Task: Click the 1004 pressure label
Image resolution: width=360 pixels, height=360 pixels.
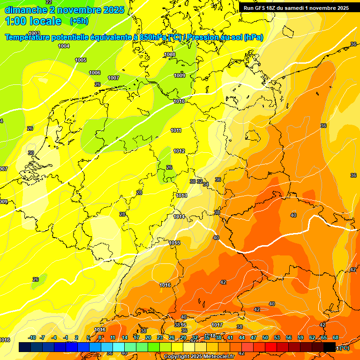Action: [64, 46]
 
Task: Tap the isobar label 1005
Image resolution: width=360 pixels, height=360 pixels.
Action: [81, 60]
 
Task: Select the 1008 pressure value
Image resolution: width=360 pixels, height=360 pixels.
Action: [170, 54]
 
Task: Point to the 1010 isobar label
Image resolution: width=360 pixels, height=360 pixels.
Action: [179, 101]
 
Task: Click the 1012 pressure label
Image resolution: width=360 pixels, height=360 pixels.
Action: [179, 151]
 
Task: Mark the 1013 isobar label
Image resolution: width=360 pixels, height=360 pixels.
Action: [182, 195]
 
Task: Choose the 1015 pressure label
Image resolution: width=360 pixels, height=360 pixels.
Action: [175, 242]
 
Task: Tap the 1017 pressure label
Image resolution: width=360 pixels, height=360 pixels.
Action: [217, 325]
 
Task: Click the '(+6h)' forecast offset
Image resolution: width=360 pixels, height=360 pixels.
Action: [79, 21]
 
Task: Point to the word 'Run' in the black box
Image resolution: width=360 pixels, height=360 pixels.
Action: [249, 8]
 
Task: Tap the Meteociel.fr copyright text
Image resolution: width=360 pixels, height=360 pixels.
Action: [199, 357]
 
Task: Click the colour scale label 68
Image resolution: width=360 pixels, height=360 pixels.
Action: [336, 338]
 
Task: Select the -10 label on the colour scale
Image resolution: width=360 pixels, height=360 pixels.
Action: [32, 338]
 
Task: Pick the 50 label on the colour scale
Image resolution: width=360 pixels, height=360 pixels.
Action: [265, 338]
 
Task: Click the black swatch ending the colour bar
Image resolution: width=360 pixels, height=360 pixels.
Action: [330, 347]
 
